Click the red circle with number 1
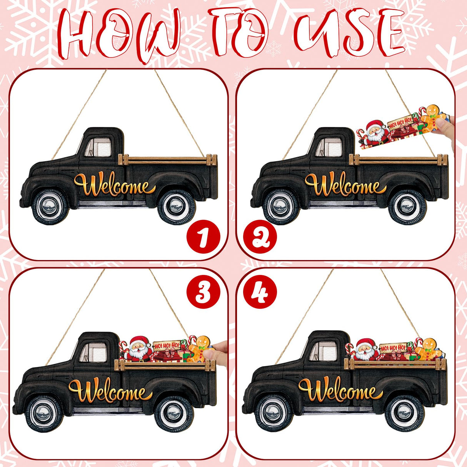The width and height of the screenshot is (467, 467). point(203,236)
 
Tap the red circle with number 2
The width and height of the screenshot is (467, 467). point(260,236)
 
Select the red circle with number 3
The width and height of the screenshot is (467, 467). point(203,293)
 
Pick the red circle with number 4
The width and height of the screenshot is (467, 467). point(260,293)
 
